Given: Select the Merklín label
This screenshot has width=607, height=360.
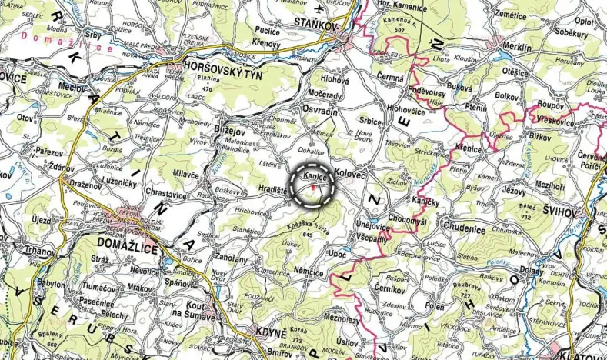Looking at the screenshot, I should (x=515, y=48).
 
